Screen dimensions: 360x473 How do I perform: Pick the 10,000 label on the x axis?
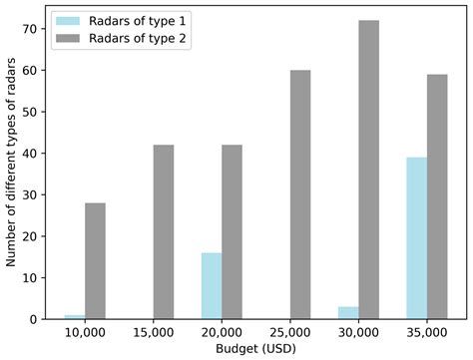tap(84, 334)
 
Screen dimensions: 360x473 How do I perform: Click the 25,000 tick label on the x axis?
tap(289, 334)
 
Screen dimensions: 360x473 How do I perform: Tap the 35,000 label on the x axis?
tap(426, 334)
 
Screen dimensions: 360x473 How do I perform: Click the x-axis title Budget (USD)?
tap(255, 350)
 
